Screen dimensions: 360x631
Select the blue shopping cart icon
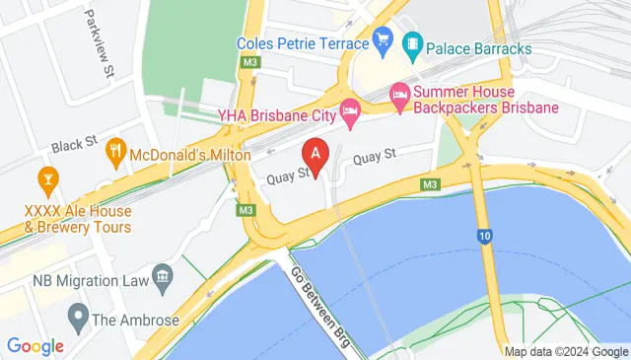383,41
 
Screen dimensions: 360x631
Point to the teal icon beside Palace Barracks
412,43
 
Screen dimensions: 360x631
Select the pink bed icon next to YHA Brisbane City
348,108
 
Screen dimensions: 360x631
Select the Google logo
35,346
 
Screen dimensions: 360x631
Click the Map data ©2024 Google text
565,352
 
